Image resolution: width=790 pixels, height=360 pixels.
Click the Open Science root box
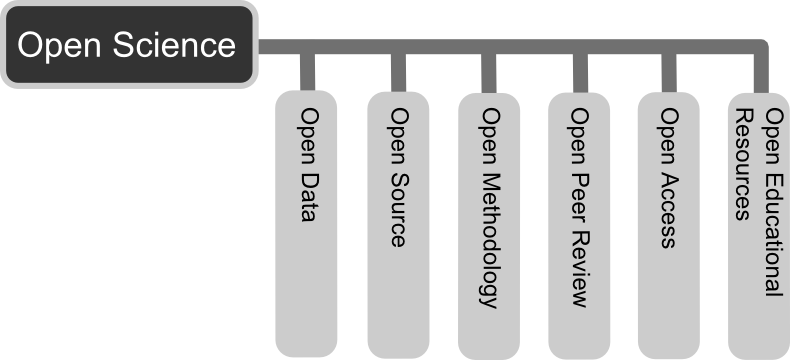pyautogui.click(x=129, y=46)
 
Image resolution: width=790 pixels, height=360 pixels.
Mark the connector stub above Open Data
pyautogui.click(x=307, y=72)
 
